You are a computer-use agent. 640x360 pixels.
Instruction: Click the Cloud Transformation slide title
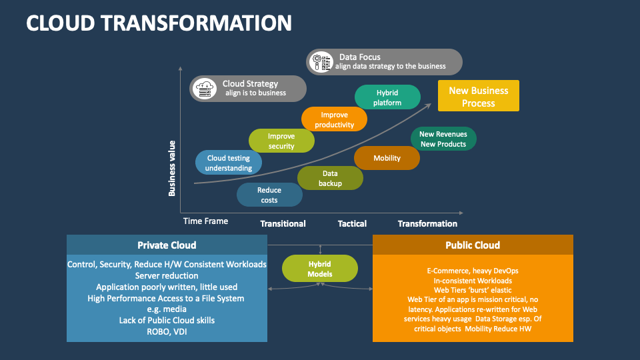(x=159, y=23)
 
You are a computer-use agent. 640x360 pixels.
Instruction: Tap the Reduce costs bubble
(x=269, y=195)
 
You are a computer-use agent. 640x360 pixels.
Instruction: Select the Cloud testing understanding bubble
(x=229, y=163)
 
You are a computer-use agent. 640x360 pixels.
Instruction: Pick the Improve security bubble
(x=281, y=141)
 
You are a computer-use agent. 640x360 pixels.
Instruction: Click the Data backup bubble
(x=330, y=178)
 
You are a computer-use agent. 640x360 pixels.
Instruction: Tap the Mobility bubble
(x=387, y=158)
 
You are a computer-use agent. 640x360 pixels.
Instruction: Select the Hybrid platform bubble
(x=387, y=97)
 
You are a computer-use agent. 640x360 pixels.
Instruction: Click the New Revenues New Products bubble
(x=443, y=139)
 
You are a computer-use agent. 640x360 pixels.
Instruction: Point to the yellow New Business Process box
(x=478, y=96)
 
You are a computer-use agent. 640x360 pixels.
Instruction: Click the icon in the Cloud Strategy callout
(x=206, y=88)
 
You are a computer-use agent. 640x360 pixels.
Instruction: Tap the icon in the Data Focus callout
(x=322, y=61)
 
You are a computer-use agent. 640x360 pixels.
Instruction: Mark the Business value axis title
(x=172, y=167)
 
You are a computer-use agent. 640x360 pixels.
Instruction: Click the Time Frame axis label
(x=205, y=221)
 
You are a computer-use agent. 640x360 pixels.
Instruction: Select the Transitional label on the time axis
(x=283, y=224)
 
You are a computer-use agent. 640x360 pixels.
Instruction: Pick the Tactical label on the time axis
(x=352, y=224)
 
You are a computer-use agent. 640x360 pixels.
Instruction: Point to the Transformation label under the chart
(x=427, y=224)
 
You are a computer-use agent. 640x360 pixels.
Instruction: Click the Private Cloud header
(x=167, y=245)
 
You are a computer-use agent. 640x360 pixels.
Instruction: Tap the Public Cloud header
(x=473, y=245)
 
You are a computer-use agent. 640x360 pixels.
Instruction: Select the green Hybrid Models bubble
(x=320, y=269)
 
